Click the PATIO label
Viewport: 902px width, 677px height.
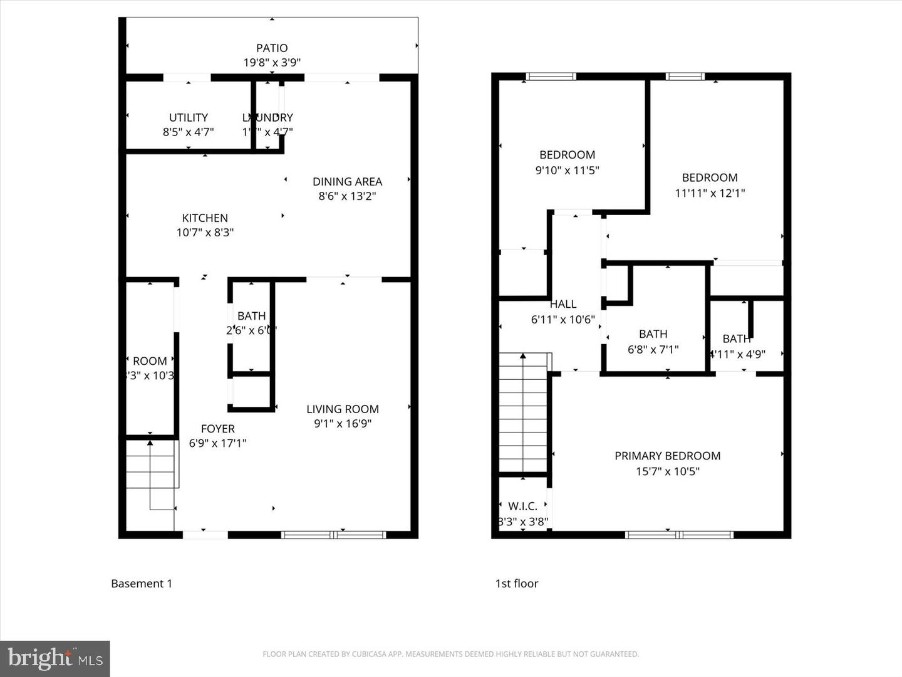coord(272,48)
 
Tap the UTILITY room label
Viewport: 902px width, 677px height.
coord(188,117)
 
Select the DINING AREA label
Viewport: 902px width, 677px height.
coord(347,181)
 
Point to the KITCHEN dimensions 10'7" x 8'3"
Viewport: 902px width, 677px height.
coord(205,233)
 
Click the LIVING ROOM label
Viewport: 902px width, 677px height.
coord(342,409)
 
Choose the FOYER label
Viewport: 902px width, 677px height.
coord(217,429)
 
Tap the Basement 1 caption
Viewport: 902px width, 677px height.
coord(142,584)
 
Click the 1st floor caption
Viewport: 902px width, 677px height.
coord(517,584)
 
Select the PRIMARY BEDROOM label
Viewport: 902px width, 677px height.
coord(667,456)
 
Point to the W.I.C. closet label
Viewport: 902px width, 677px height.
coord(522,506)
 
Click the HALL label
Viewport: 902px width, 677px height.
coord(562,304)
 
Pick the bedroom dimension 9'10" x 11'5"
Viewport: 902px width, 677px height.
coord(567,170)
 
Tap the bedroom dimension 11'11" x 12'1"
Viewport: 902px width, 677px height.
coord(710,193)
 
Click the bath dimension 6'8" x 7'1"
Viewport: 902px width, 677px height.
coord(653,349)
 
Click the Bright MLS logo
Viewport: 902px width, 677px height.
coord(55,658)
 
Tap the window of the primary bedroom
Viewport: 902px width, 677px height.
coord(679,535)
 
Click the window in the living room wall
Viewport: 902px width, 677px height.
coord(333,535)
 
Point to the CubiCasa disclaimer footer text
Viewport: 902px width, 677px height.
coord(450,654)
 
